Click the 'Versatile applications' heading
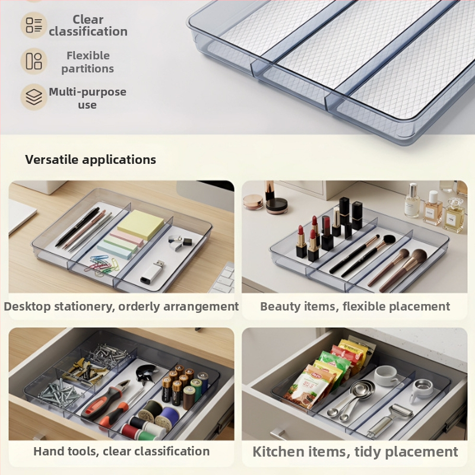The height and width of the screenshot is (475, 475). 90,160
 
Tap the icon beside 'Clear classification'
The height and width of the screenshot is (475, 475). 34,25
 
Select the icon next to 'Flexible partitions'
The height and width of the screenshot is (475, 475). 34,61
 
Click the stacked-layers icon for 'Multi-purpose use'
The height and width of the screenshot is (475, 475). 34,97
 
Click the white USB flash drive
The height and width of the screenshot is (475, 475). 153,273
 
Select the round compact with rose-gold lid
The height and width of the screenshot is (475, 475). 253,202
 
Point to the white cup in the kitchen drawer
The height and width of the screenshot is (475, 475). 387,376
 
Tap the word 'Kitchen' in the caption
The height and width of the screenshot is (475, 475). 278,452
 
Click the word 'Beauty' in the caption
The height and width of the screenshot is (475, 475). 280,306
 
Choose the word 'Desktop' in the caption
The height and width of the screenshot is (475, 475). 27,306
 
